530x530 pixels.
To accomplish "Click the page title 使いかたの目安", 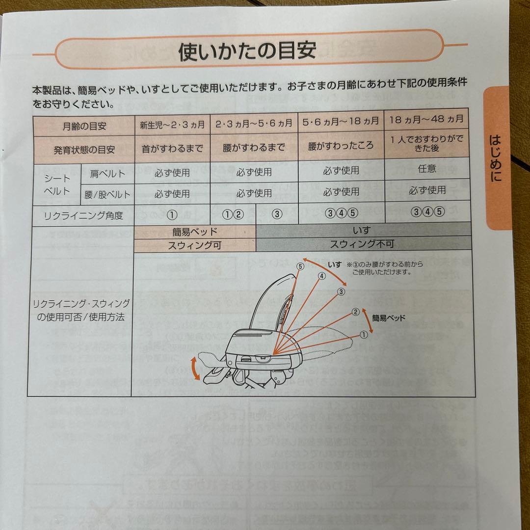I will point(247,51).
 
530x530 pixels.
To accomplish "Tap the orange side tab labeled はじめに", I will point(497,157).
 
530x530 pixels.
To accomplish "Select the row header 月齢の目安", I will point(84,126).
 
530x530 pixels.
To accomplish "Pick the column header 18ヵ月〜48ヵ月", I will point(425,119).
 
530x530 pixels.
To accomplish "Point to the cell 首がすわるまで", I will point(172,148).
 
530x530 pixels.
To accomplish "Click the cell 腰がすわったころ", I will point(341,146).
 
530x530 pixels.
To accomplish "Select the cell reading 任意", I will point(426,168).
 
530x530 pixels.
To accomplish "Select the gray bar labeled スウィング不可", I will point(361,244).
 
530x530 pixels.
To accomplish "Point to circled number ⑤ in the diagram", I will point(300,266).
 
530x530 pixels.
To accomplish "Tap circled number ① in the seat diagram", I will point(364,335).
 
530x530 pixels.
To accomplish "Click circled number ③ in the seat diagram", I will point(341,291).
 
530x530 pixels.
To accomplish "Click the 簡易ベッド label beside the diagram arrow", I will point(389,318).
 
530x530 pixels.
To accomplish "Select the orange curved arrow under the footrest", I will point(195,369).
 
